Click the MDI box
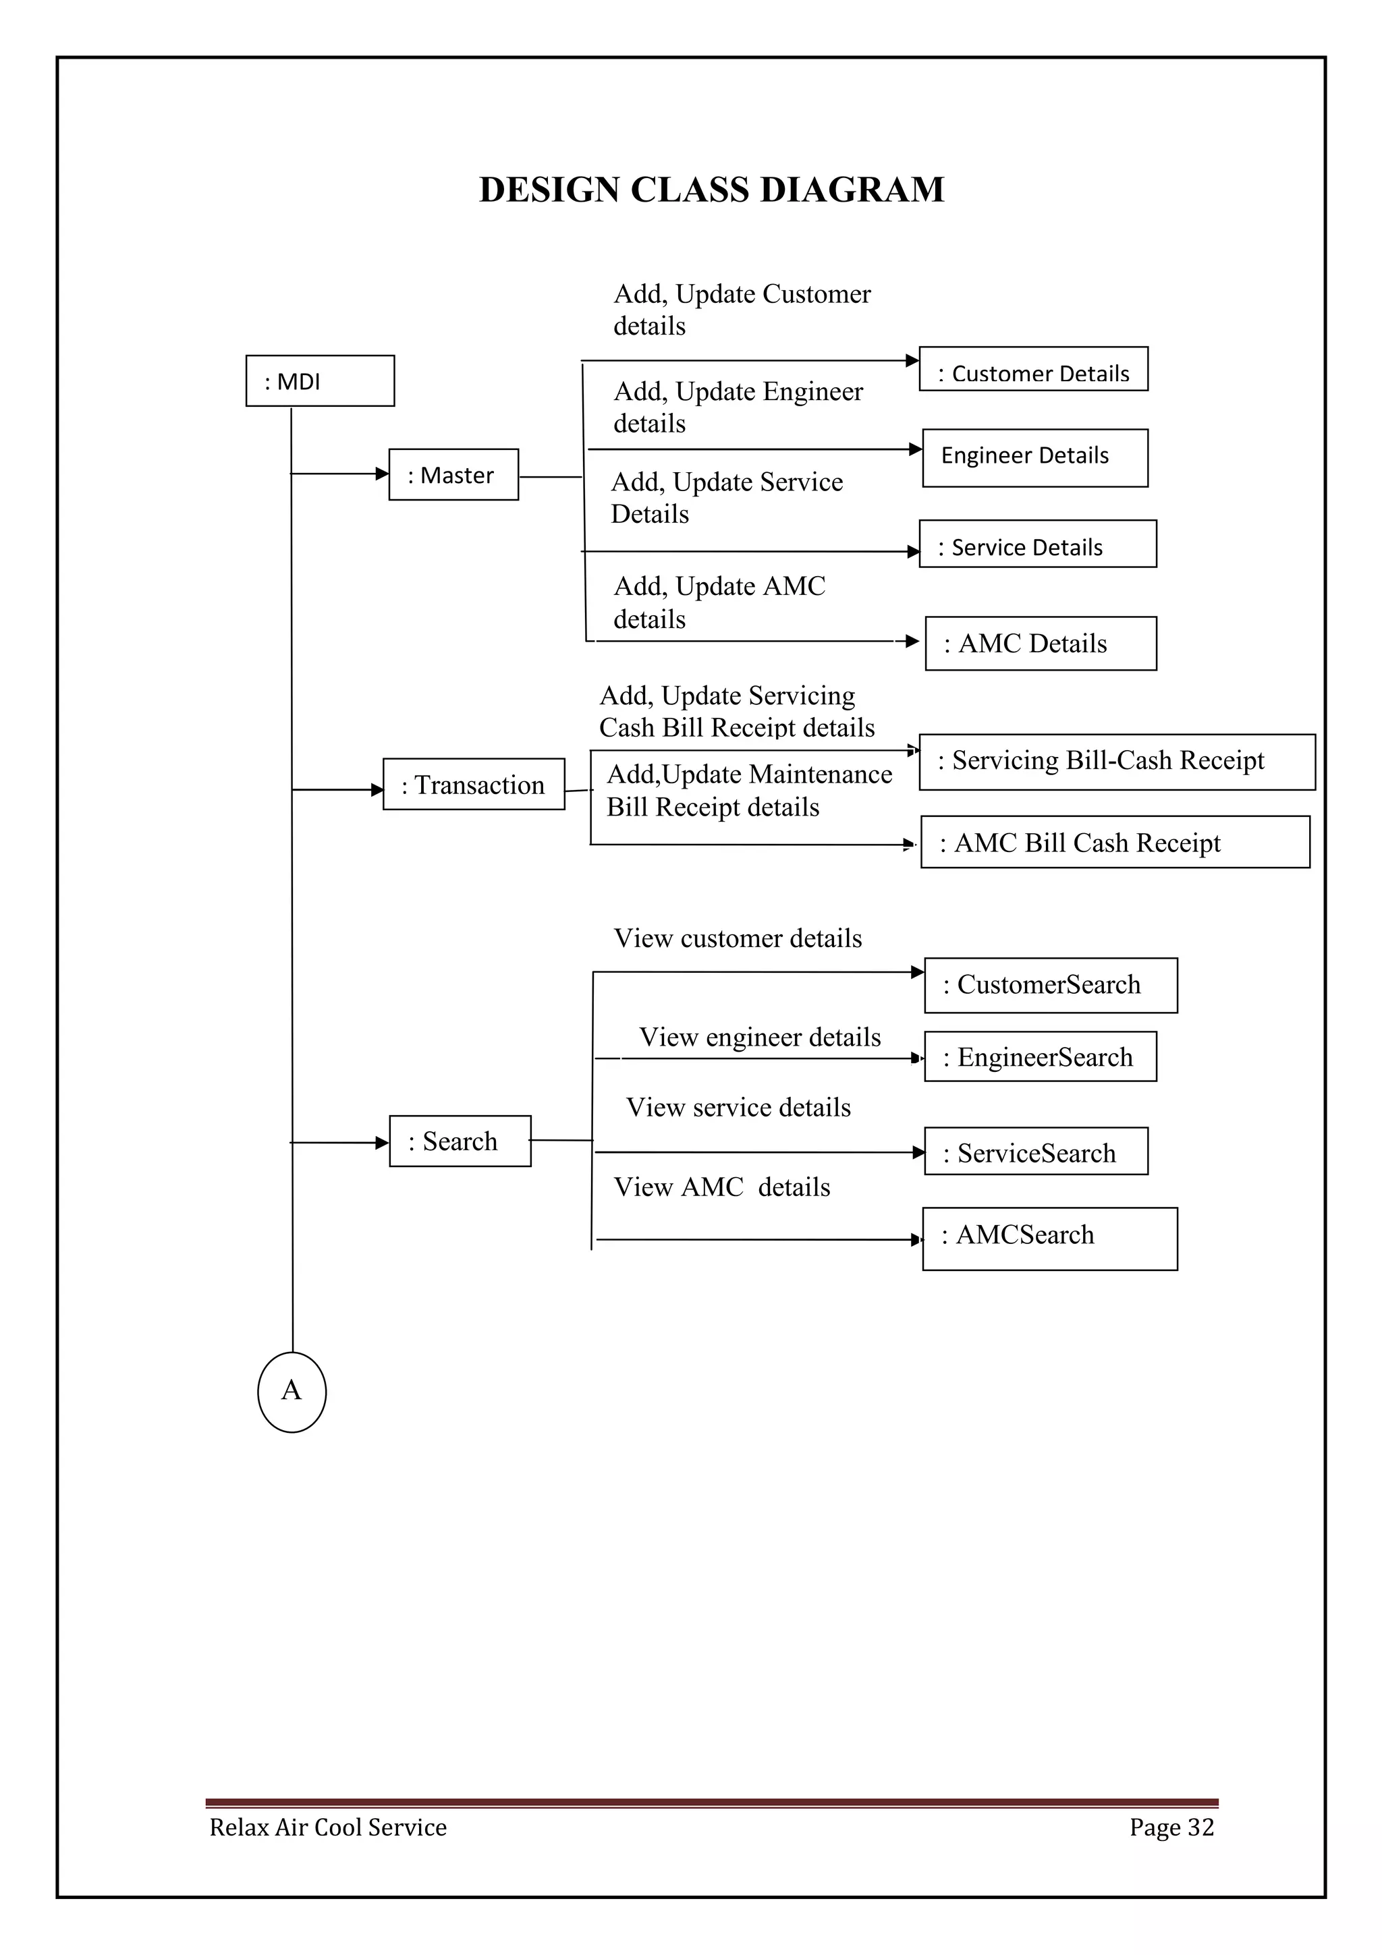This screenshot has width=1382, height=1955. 319,380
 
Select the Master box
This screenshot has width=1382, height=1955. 453,474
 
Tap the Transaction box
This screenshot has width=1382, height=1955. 474,784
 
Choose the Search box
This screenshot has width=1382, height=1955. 460,1141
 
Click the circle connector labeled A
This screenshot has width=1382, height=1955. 292,1391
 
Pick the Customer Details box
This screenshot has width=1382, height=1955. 1033,369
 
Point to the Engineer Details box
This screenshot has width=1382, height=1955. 1034,458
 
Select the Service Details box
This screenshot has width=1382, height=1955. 1037,544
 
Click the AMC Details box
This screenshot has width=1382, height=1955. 1040,644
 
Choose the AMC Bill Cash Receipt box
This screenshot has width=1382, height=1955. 1115,842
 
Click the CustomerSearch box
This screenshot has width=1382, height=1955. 1050,985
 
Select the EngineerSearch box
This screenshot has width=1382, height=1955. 1040,1056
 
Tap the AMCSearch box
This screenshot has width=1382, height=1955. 1049,1239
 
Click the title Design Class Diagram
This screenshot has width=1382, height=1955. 712,189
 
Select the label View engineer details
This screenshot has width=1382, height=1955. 760,1037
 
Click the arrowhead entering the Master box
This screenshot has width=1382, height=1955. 383,474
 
